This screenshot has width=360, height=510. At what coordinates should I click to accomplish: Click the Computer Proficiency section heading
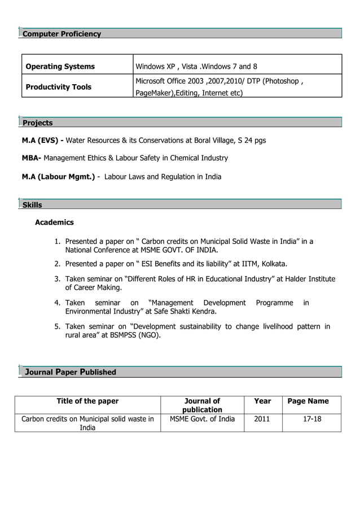tap(62, 34)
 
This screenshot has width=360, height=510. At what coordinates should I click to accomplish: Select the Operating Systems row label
tap(60, 67)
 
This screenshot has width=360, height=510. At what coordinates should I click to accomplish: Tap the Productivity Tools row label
tap(59, 87)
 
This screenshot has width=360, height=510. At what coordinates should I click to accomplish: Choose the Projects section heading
tap(37, 123)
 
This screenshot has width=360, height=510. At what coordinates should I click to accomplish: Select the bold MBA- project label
tap(32, 158)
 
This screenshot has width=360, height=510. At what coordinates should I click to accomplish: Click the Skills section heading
tap(32, 204)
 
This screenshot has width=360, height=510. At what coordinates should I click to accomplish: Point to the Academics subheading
tap(54, 223)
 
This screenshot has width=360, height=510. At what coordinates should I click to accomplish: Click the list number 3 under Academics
tap(58, 279)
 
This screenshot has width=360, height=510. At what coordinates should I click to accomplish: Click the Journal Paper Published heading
tap(70, 372)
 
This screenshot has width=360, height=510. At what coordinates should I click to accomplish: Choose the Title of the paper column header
tap(87, 402)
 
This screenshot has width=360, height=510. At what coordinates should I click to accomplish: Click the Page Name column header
tap(308, 402)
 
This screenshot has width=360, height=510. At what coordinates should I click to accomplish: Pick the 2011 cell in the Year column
tap(262, 419)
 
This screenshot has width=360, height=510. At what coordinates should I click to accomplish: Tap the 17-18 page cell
tap(308, 419)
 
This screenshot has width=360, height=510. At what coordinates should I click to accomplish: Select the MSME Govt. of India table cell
tap(202, 419)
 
